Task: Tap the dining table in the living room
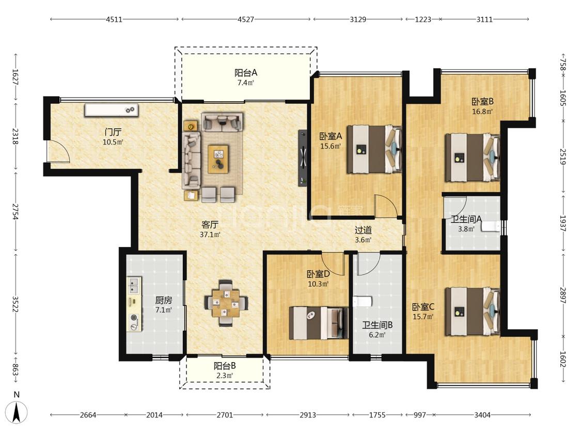[226, 303]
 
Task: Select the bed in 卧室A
[374, 149]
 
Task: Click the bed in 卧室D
[319, 323]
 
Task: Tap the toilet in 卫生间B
[362, 302]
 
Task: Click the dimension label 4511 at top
[114, 19]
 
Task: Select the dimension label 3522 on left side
[15, 304]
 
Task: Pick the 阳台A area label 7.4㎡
[246, 83]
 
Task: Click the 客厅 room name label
[210, 224]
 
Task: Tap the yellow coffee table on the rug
[218, 159]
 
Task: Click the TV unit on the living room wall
[303, 158]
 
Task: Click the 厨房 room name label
[163, 300]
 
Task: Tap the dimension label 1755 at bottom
[377, 415]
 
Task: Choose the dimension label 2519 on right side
[562, 157]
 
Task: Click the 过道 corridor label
[363, 230]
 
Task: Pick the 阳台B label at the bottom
[225, 366]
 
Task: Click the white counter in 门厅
[112, 110]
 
